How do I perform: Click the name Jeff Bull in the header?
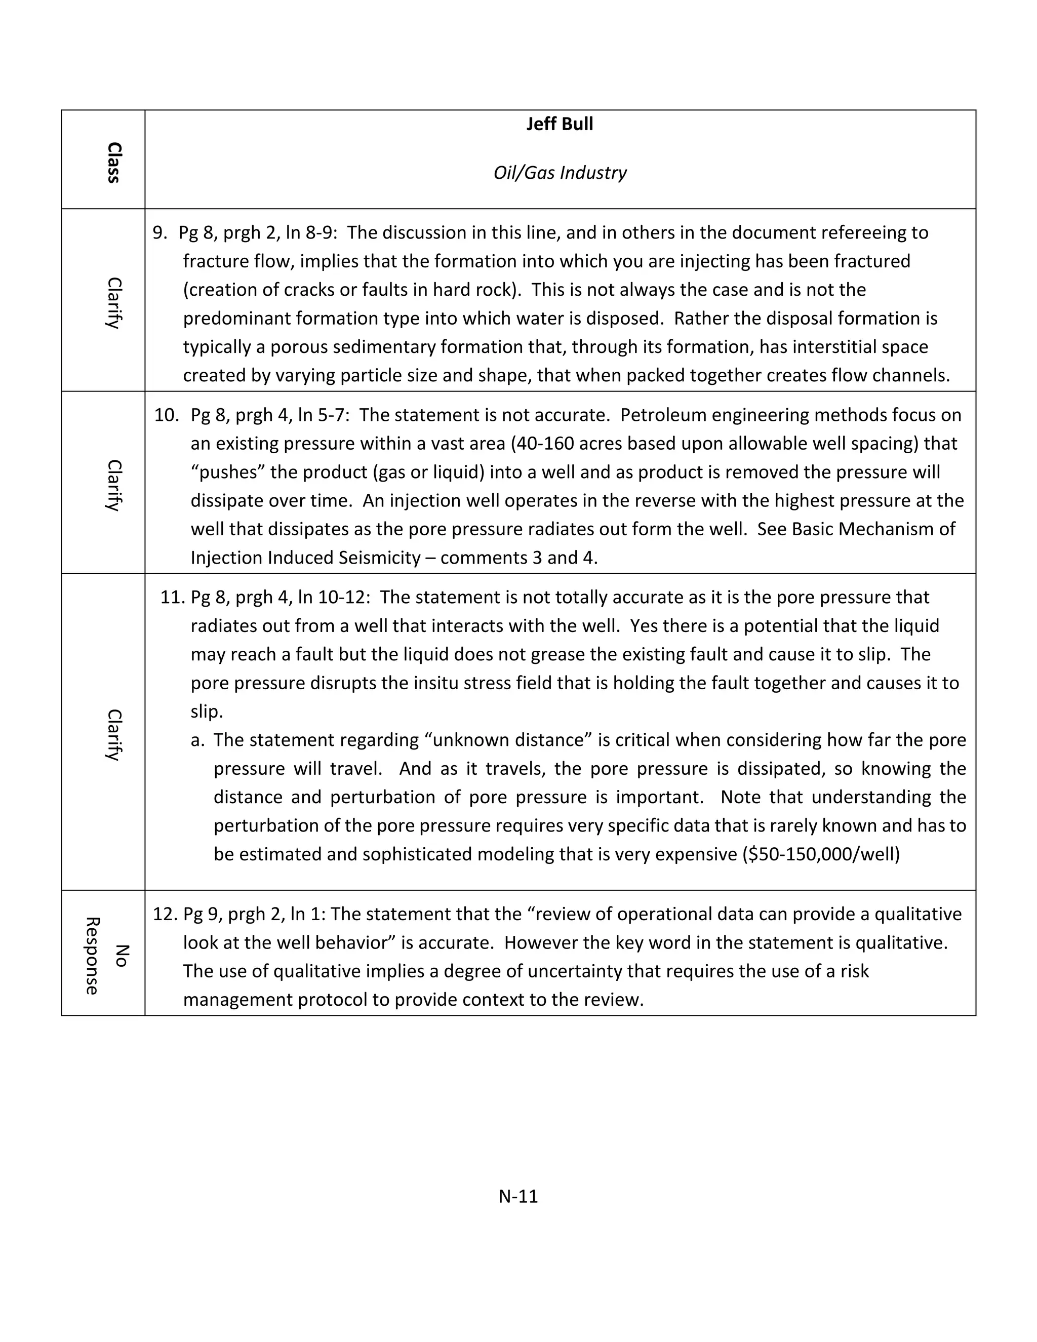coord(559,124)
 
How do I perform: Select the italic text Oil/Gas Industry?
coord(559,173)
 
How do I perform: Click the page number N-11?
coord(518,1196)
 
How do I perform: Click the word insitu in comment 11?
coord(438,683)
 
